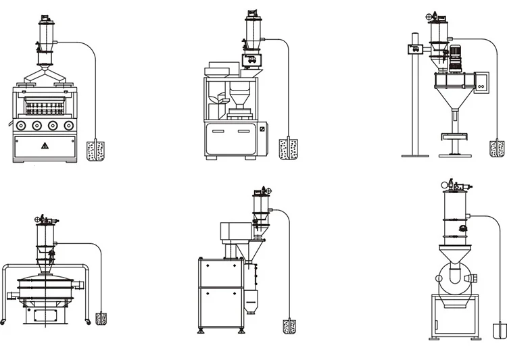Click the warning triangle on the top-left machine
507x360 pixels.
[x=44, y=145]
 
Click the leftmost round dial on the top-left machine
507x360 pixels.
[x=21, y=126]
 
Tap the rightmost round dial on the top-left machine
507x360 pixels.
[x=69, y=126]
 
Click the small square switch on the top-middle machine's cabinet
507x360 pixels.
[x=262, y=128]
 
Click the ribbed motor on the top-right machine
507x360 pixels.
[x=454, y=58]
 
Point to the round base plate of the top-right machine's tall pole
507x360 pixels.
[x=414, y=155]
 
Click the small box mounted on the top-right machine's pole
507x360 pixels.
[x=414, y=48]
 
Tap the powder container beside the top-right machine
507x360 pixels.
[x=497, y=148]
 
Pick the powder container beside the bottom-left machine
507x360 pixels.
[x=101, y=318]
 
